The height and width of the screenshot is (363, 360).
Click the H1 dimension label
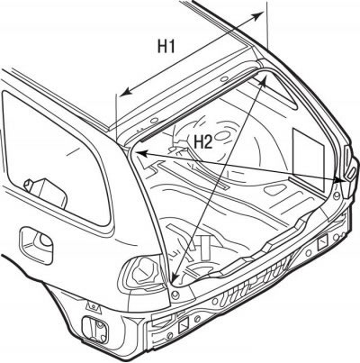[x=166, y=47]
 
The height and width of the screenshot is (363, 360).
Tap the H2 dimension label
[x=203, y=141]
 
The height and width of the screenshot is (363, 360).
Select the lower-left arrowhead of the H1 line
[x=126, y=92]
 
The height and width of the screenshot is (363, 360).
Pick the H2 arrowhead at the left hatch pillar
[x=142, y=154]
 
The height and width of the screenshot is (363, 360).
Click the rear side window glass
[x=57, y=159]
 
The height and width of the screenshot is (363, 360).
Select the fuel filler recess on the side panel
[x=36, y=245]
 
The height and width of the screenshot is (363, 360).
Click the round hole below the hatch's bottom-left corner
[x=175, y=295]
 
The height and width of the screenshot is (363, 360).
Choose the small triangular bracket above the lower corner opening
[x=94, y=306]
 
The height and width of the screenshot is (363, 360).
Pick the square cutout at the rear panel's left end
[x=184, y=325]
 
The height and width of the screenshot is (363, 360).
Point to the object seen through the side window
[x=47, y=192]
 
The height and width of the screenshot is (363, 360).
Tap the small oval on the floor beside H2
[x=222, y=138]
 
